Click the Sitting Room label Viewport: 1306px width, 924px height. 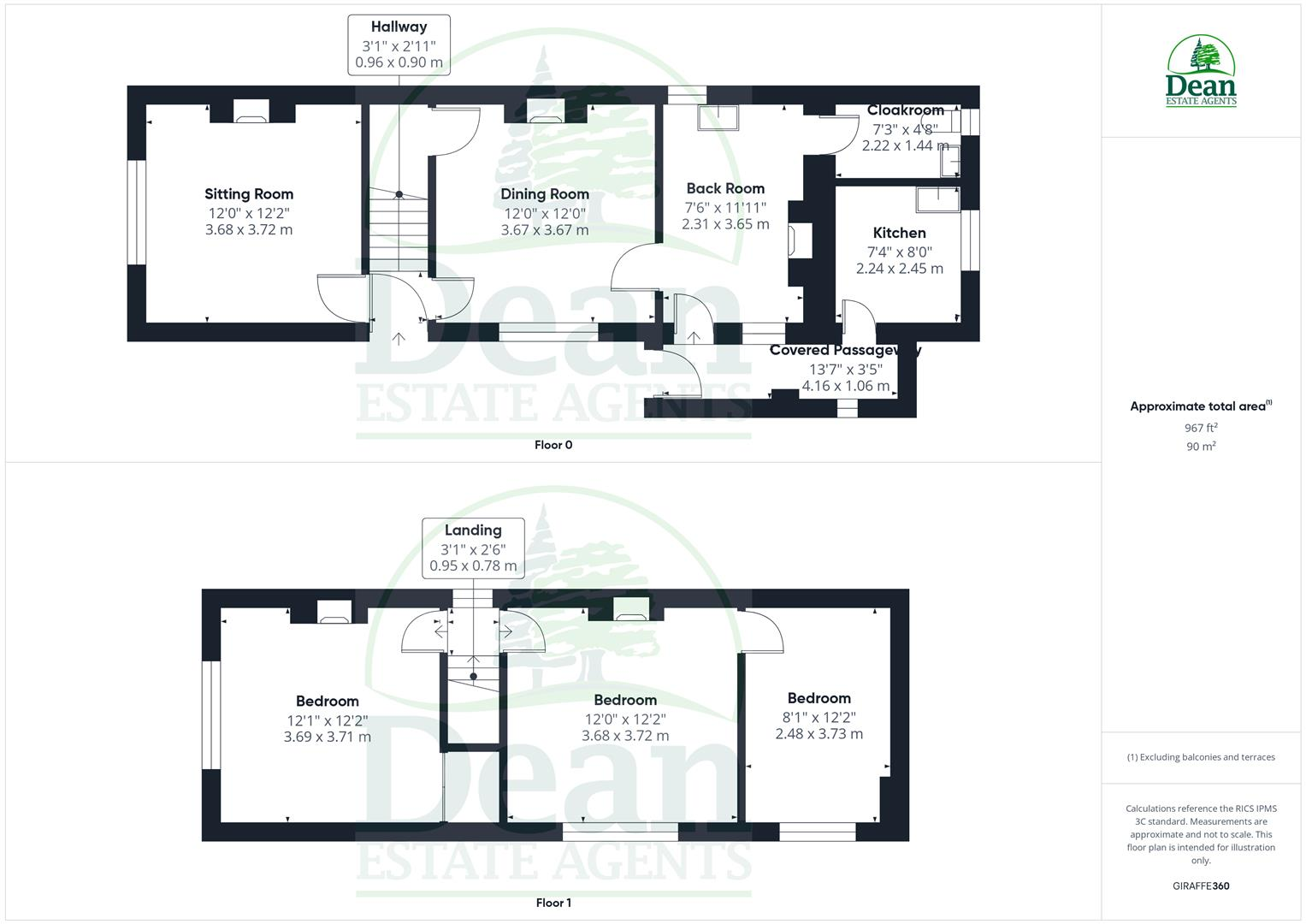pos(249,194)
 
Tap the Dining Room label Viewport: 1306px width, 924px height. pos(545,194)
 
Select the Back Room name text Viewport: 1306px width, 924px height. pos(725,188)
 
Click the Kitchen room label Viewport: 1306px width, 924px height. pos(899,233)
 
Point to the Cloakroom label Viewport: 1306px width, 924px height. pos(905,110)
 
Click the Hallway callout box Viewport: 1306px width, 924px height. pos(399,44)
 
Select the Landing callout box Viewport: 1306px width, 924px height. pos(473,548)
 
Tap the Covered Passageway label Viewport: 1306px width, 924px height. pos(845,350)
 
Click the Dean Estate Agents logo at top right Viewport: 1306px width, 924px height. pos(1201,71)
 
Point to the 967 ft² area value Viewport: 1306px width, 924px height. pos(1201,428)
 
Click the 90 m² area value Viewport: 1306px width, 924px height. pos(1201,447)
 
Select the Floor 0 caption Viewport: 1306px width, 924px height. pos(553,445)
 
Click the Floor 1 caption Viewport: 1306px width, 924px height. pos(553,903)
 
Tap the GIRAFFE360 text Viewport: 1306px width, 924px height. pos(1201,886)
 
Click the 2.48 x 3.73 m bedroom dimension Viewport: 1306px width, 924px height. pos(818,734)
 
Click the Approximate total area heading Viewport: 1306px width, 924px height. pos(1201,406)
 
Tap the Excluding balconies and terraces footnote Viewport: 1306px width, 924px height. pos(1201,757)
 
